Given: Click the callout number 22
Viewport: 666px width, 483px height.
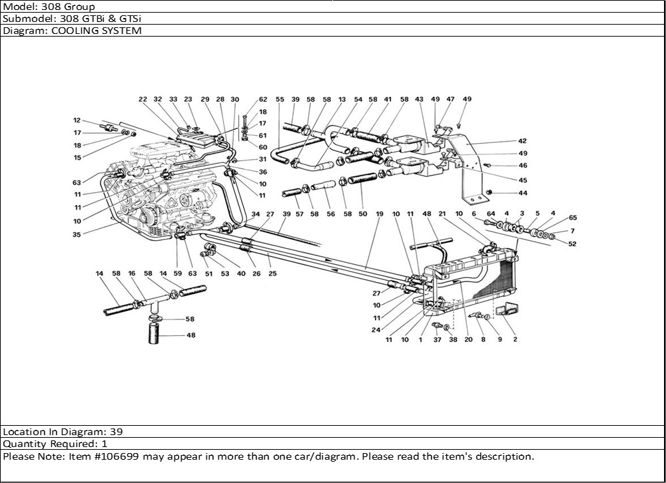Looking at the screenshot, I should tap(143, 99).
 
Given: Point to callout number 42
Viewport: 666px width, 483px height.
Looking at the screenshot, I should tap(522, 141).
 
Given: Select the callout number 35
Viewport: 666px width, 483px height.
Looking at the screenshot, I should tap(77, 234).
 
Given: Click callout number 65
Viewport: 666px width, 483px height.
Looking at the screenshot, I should tap(573, 218).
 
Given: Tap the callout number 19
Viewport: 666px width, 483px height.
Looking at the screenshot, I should tap(379, 214).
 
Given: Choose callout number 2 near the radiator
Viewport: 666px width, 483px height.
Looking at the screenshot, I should tap(515, 339).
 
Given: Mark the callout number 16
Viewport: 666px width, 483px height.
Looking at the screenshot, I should tap(132, 273).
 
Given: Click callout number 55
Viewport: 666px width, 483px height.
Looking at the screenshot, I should tap(280, 99).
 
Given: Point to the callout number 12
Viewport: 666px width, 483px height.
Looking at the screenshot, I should tap(77, 120).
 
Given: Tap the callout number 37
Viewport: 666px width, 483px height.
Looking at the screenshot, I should tap(438, 339).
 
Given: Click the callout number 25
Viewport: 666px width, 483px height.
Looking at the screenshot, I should tap(272, 273).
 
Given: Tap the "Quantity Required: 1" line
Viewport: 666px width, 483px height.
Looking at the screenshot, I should tap(56, 444).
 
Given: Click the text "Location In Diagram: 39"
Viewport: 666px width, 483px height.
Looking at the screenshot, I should tap(63, 431).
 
